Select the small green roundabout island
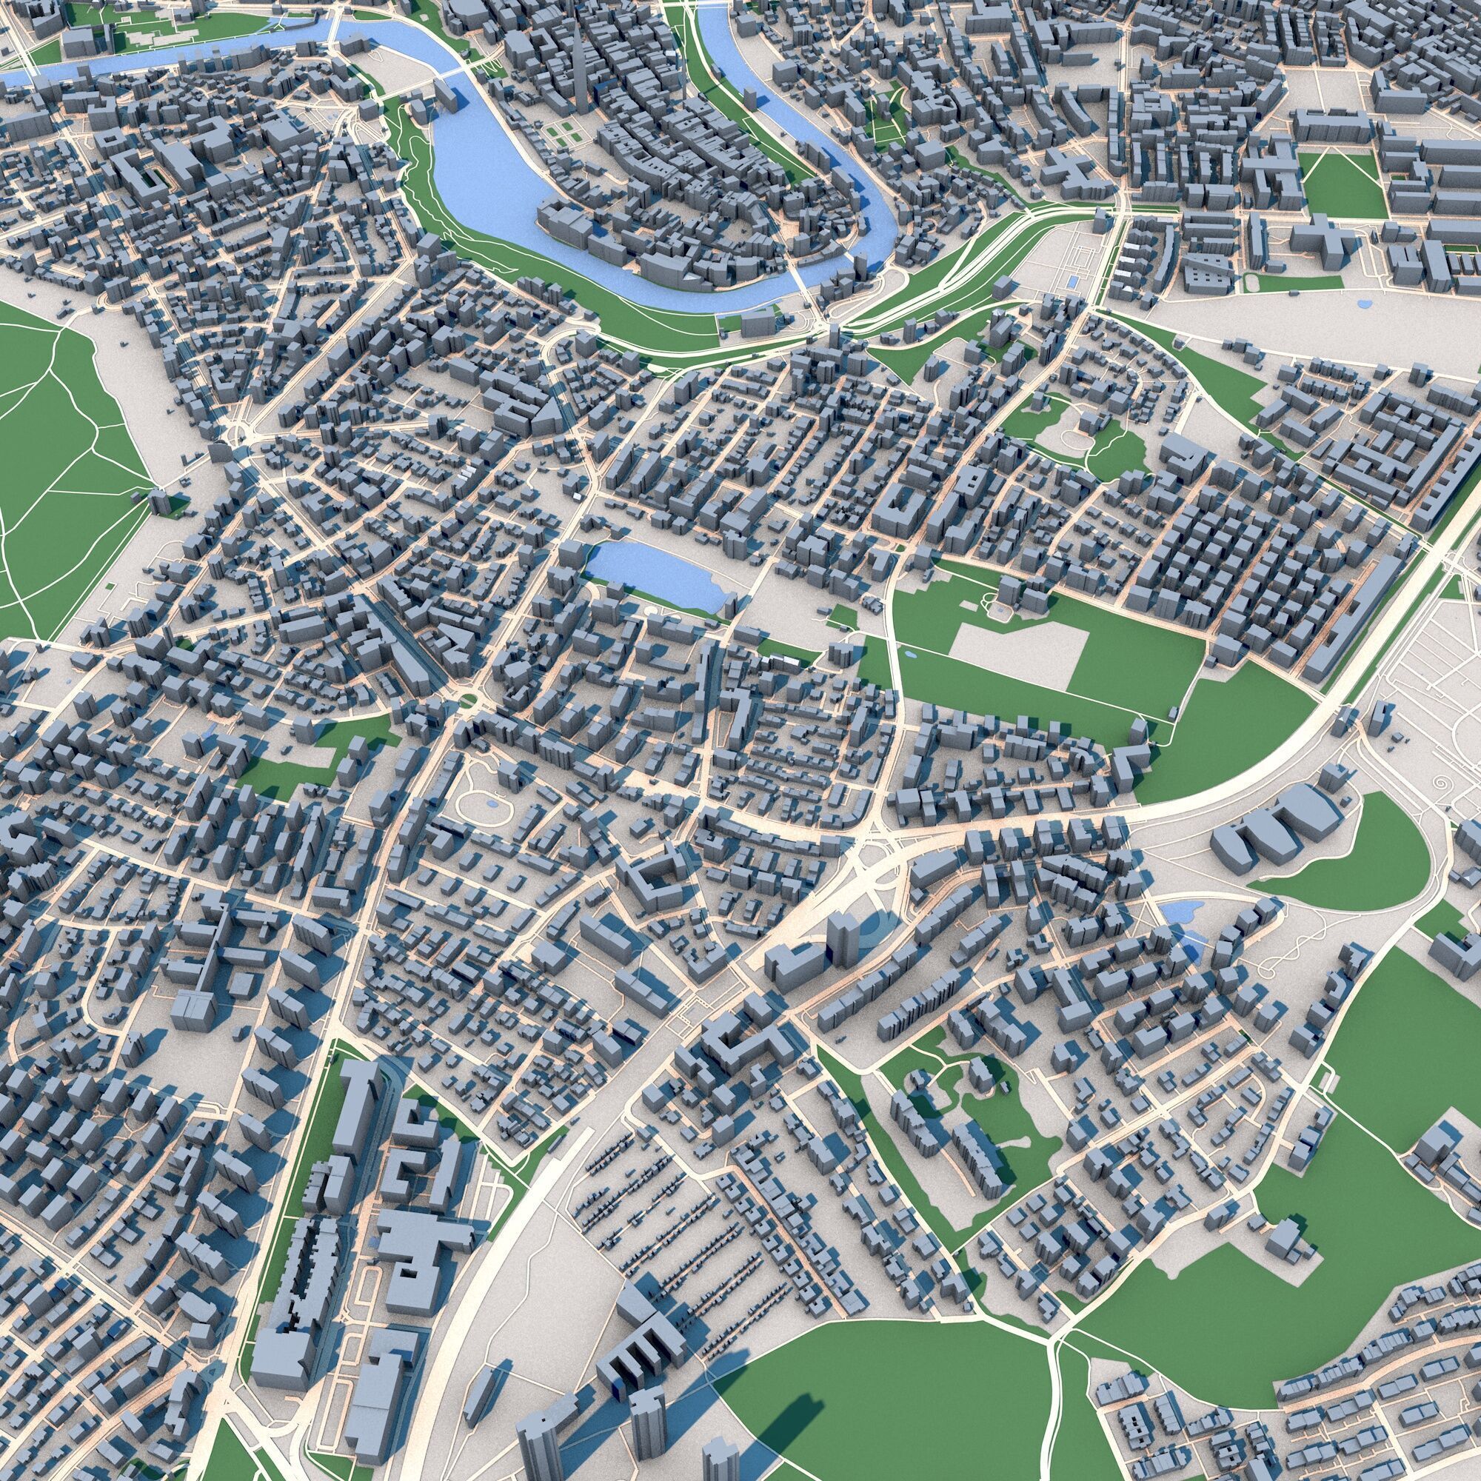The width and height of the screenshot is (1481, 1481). click(467, 699)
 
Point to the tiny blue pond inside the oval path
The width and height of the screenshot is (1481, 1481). click(491, 803)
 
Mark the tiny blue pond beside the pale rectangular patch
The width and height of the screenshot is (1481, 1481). click(909, 656)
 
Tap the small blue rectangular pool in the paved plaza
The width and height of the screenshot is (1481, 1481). click(1074, 282)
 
